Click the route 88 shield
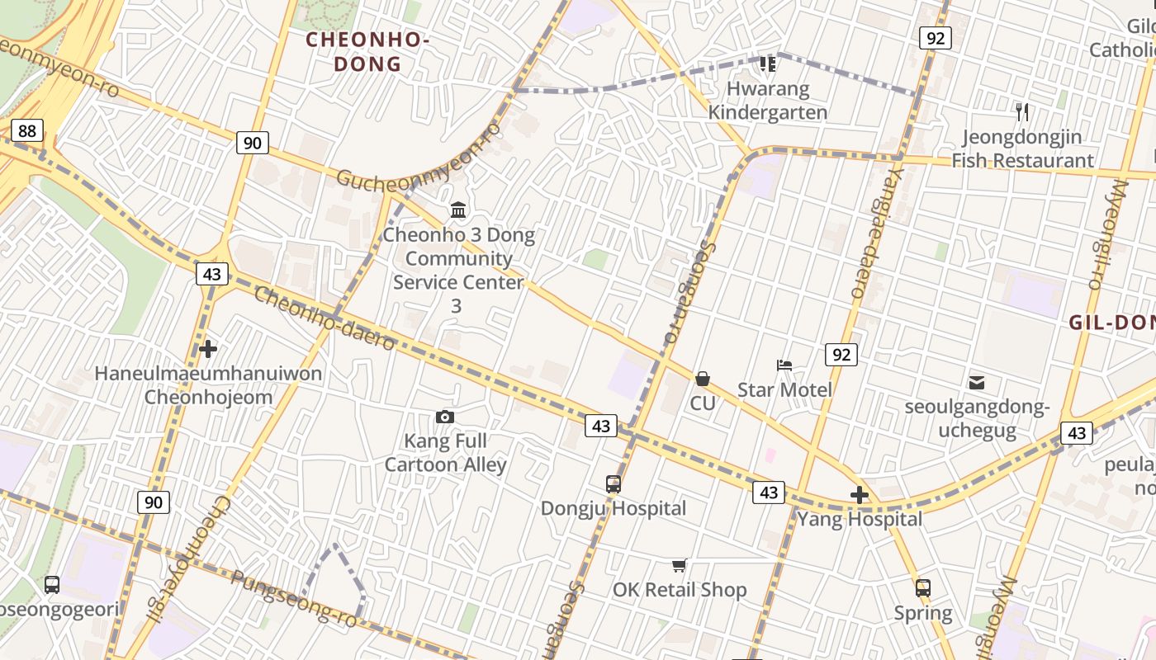[27, 130]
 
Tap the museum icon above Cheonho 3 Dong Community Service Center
[458, 210]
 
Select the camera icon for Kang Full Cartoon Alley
[445, 417]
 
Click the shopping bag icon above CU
[703, 379]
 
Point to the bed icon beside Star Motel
[784, 365]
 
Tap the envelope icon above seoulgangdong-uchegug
[977, 382]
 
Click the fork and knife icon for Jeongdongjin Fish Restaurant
[1022, 112]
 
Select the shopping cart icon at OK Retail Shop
[680, 565]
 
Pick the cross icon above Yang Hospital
[860, 495]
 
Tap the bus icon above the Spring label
[923, 588]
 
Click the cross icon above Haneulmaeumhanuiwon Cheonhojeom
[208, 349]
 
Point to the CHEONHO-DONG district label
[367, 51]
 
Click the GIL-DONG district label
[1111, 323]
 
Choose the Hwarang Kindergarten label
[768, 100]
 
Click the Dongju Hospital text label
[614, 508]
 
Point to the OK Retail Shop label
[680, 590]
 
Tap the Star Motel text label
[784, 389]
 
